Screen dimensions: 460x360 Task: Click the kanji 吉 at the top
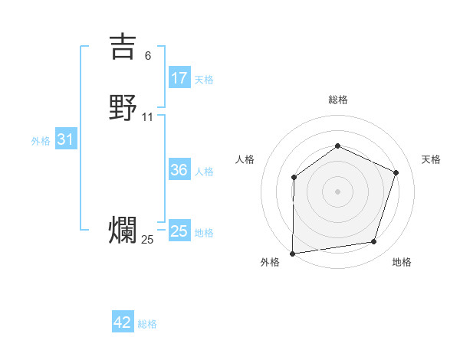point(123,46)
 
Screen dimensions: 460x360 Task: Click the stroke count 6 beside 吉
point(148,56)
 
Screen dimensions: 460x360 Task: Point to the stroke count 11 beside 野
point(148,117)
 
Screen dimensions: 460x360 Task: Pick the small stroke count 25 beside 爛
point(148,240)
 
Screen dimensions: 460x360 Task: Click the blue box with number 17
point(179,78)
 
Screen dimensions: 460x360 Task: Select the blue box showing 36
point(179,170)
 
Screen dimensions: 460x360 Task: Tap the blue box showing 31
point(66,140)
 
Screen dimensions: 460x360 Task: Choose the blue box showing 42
point(123,322)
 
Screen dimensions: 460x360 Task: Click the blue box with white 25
point(179,231)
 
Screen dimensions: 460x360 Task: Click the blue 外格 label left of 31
point(40,141)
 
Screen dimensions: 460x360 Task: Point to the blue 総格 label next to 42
point(147,324)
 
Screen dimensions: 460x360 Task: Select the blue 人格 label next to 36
point(204,172)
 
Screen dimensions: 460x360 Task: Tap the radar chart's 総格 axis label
point(337,100)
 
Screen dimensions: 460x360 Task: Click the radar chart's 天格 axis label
point(431,159)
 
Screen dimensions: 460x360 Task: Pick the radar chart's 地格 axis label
point(402,263)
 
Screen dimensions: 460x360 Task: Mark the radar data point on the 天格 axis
point(396,172)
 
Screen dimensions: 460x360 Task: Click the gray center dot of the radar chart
point(337,191)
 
